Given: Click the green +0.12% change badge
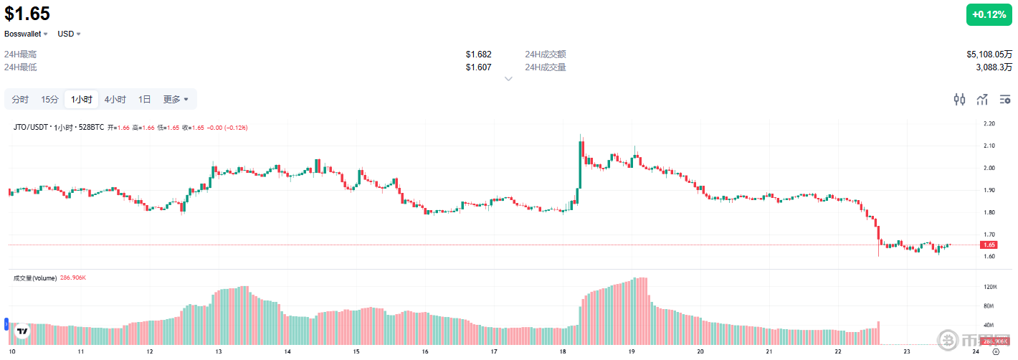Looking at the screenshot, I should (x=989, y=14).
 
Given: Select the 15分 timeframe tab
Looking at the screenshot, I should (x=49, y=100).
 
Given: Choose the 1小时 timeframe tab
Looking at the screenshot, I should (x=81, y=100).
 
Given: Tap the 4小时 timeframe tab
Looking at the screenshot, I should (x=115, y=100).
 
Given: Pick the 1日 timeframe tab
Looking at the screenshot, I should (x=145, y=100).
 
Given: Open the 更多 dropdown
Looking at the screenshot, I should (x=176, y=100).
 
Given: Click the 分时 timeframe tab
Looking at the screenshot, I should (x=20, y=100).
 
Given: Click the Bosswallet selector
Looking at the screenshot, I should (x=27, y=34).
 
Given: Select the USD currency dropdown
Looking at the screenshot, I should (x=69, y=34).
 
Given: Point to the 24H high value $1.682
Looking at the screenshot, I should (x=478, y=55).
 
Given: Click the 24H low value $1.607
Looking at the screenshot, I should (x=478, y=67).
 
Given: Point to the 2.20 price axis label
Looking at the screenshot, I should (x=989, y=124).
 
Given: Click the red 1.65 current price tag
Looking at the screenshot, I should (x=989, y=245).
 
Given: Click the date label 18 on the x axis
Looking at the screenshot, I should (x=563, y=352).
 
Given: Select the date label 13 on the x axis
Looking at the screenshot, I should (x=218, y=352).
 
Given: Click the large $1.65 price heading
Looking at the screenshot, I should (x=27, y=14).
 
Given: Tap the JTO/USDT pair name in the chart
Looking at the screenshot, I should (x=30, y=128).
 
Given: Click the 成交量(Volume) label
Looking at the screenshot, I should (x=35, y=277).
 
